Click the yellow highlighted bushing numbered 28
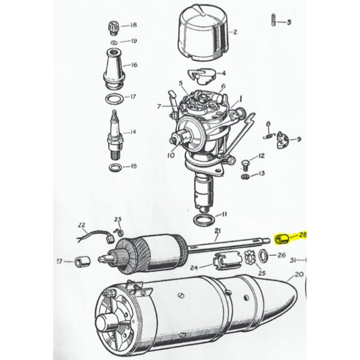point(282,239)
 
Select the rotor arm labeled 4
point(202,76)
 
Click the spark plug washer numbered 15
point(116,167)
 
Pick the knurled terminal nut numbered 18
point(113,28)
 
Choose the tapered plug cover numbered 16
point(114,69)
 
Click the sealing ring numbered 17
point(114,99)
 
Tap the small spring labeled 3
point(273,20)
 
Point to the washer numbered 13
point(245,176)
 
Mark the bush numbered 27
point(83,261)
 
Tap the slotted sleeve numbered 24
point(227,261)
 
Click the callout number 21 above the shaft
point(217,231)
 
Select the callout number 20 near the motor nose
point(299,274)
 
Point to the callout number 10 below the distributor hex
point(171,155)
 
